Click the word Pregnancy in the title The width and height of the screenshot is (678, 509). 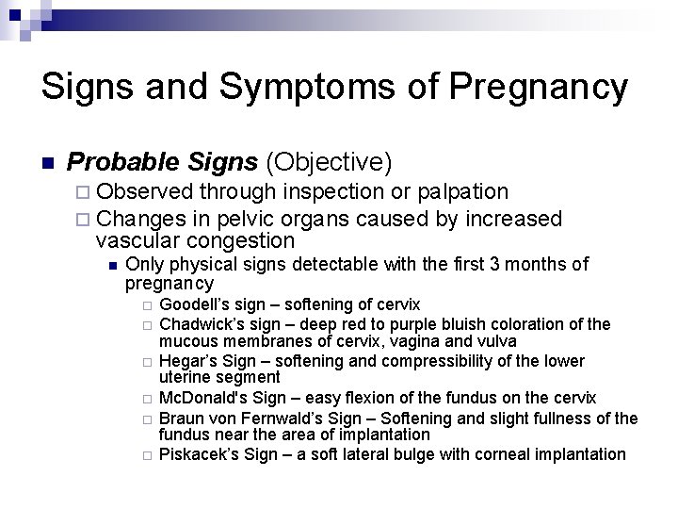(x=539, y=87)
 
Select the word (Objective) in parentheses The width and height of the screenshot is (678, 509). (x=328, y=162)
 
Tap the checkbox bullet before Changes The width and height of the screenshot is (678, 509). (x=82, y=220)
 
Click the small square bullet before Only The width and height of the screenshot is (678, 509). (x=112, y=265)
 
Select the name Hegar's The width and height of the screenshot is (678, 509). (x=185, y=361)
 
